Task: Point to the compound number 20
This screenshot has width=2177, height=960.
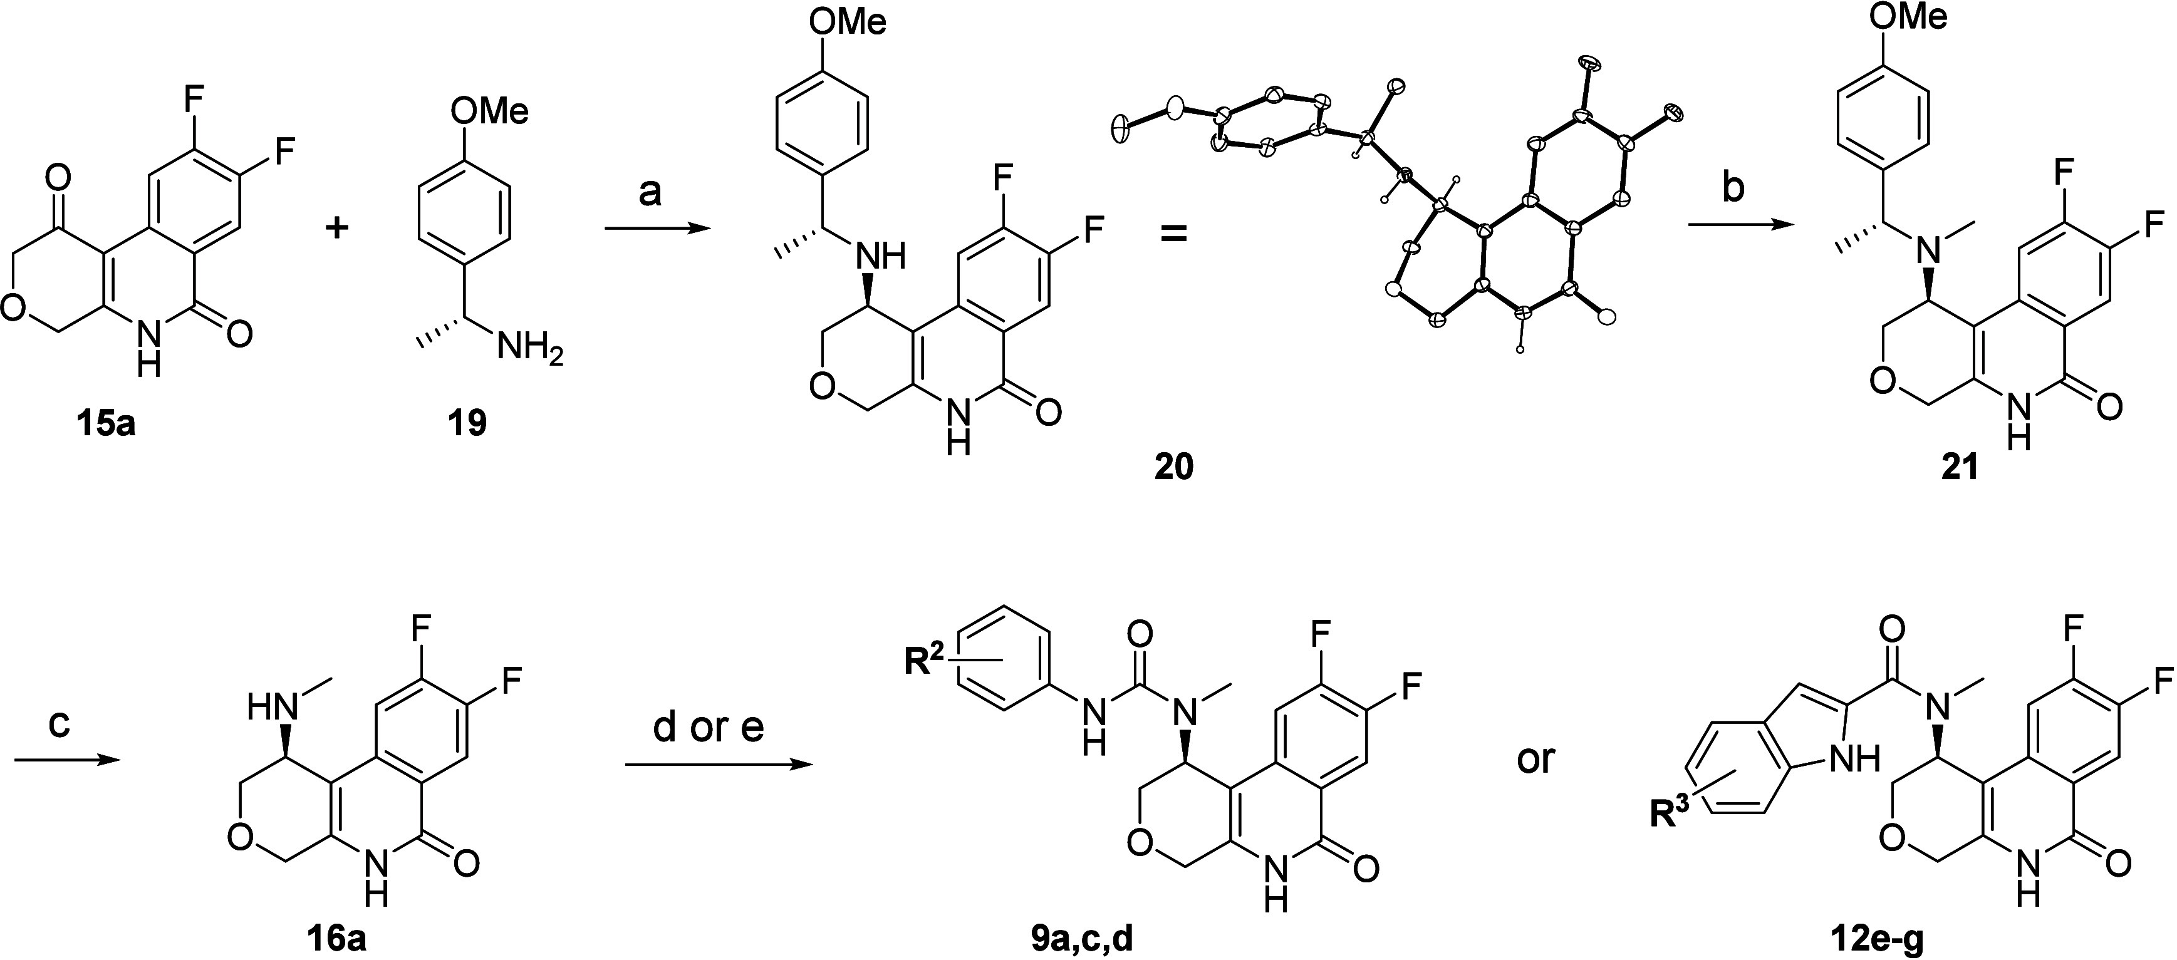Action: point(1174,466)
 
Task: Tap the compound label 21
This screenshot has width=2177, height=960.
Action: point(1959,466)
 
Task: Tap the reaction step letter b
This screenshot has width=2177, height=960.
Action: point(1732,189)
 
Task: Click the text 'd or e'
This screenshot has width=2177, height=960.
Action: point(708,728)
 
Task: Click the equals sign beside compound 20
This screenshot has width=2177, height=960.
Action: point(1172,232)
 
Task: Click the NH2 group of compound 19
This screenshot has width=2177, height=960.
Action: point(530,346)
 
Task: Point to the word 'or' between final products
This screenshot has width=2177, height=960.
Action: point(1535,760)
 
